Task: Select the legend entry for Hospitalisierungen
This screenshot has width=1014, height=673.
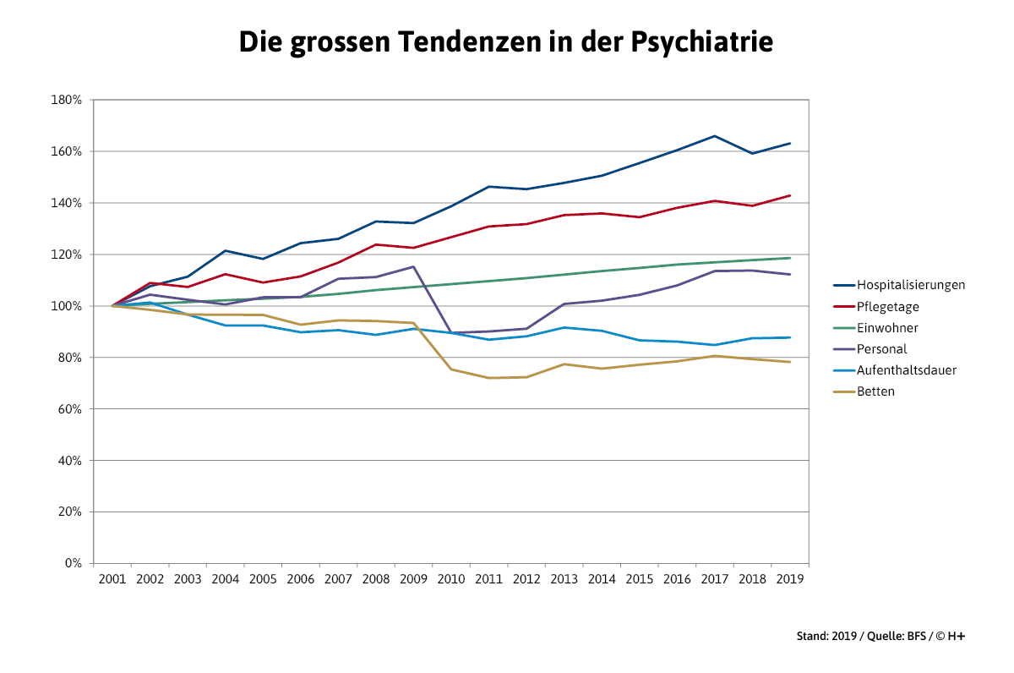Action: (911, 285)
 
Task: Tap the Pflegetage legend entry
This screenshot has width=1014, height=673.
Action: (888, 306)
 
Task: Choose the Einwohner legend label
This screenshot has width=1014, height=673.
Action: (887, 328)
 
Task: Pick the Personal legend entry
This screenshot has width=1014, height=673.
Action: (881, 349)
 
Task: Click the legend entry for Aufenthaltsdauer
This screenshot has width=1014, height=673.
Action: (907, 370)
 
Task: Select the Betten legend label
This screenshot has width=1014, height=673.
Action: (875, 391)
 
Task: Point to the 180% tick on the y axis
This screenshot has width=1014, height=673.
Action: (67, 100)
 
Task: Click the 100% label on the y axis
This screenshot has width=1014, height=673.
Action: (67, 306)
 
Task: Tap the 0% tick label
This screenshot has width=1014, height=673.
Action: (73, 563)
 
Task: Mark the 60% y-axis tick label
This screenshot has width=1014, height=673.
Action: (69, 409)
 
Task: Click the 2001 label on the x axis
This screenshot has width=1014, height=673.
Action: (112, 579)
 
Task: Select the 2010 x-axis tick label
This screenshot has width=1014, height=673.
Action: (450, 579)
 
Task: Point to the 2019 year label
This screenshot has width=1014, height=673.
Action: (789, 579)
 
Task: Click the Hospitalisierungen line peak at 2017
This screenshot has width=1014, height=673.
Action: (714, 136)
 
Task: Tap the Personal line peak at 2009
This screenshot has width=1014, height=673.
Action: (413, 266)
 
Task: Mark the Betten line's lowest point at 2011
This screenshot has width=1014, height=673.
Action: (488, 378)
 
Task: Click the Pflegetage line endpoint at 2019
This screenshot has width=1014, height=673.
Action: (789, 195)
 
